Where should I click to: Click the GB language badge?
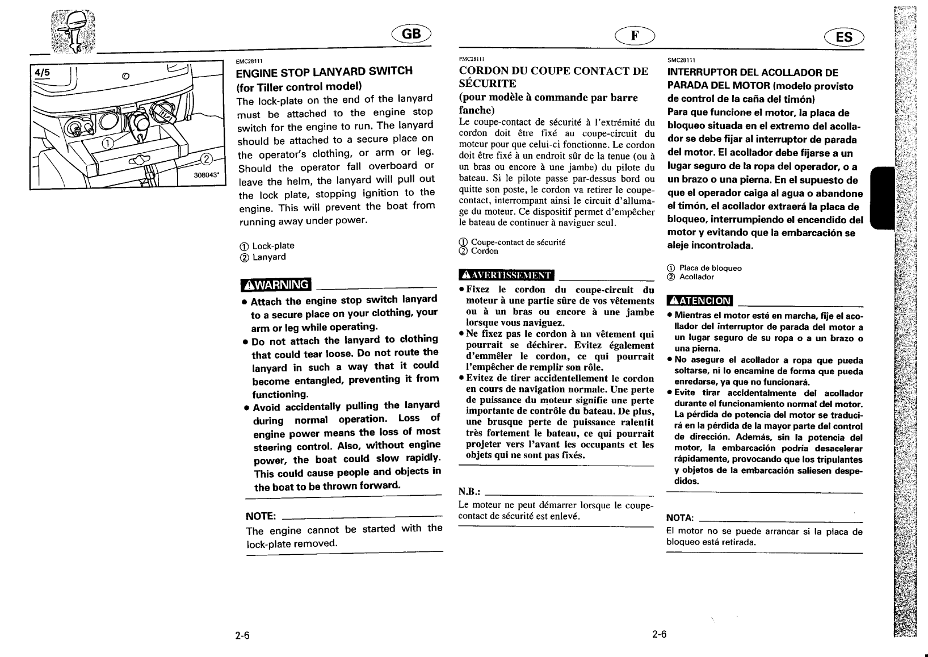tap(411, 35)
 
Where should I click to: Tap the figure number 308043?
tap(207, 175)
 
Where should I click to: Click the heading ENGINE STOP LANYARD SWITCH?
tap(324, 72)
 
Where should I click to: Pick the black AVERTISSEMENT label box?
tap(506, 275)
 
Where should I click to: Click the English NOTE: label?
tap(261, 516)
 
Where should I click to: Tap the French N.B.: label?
tap(469, 491)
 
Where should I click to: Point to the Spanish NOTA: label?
tap(680, 518)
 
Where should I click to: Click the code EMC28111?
tap(249, 61)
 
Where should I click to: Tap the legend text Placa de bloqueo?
tap(710, 268)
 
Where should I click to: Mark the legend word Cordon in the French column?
tap(484, 251)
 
